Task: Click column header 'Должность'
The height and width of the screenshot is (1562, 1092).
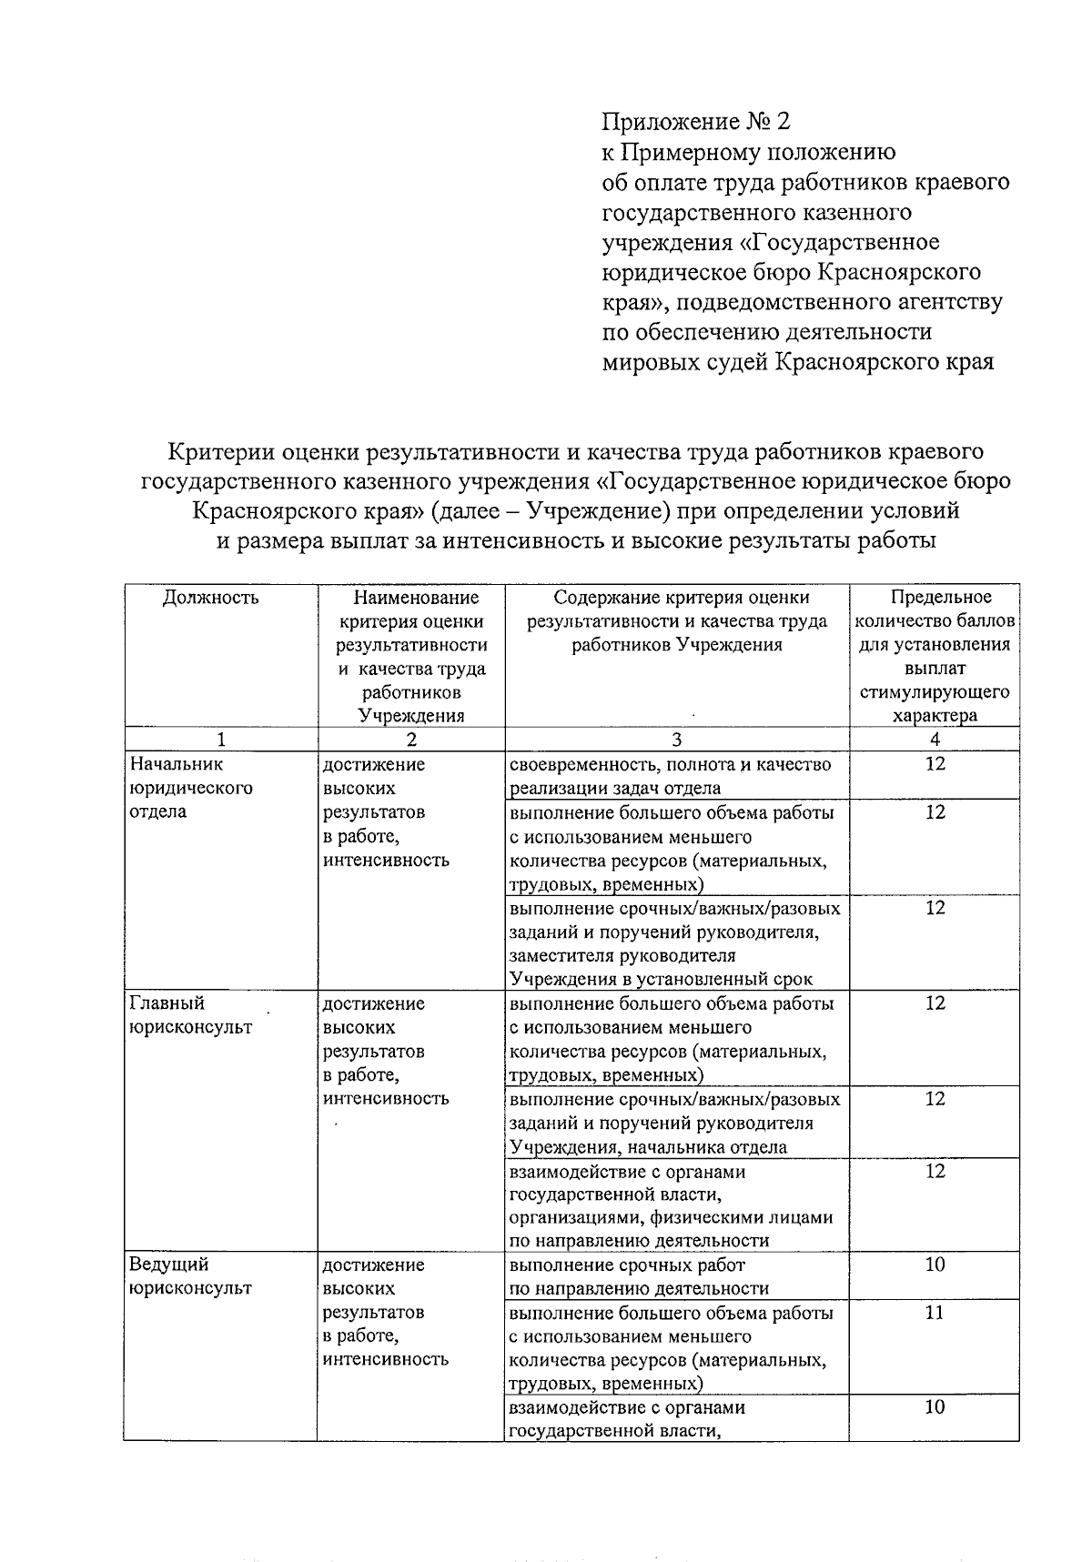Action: click(x=211, y=598)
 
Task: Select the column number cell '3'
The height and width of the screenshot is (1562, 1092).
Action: click(x=676, y=740)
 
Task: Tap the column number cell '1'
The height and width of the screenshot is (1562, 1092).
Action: click(x=220, y=740)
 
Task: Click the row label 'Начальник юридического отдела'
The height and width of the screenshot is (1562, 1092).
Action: click(x=190, y=788)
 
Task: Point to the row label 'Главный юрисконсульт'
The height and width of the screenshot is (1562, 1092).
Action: click(x=190, y=1015)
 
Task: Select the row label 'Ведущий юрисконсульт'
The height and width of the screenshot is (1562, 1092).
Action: click(x=190, y=1276)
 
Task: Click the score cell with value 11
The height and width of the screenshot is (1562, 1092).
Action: click(x=935, y=1313)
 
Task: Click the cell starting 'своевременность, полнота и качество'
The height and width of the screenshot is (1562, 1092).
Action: click(x=670, y=776)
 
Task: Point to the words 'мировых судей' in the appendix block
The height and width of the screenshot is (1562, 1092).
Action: click(x=685, y=362)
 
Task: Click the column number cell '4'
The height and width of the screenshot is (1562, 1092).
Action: click(x=935, y=740)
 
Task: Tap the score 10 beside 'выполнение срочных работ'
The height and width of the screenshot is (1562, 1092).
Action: click(x=935, y=1265)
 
